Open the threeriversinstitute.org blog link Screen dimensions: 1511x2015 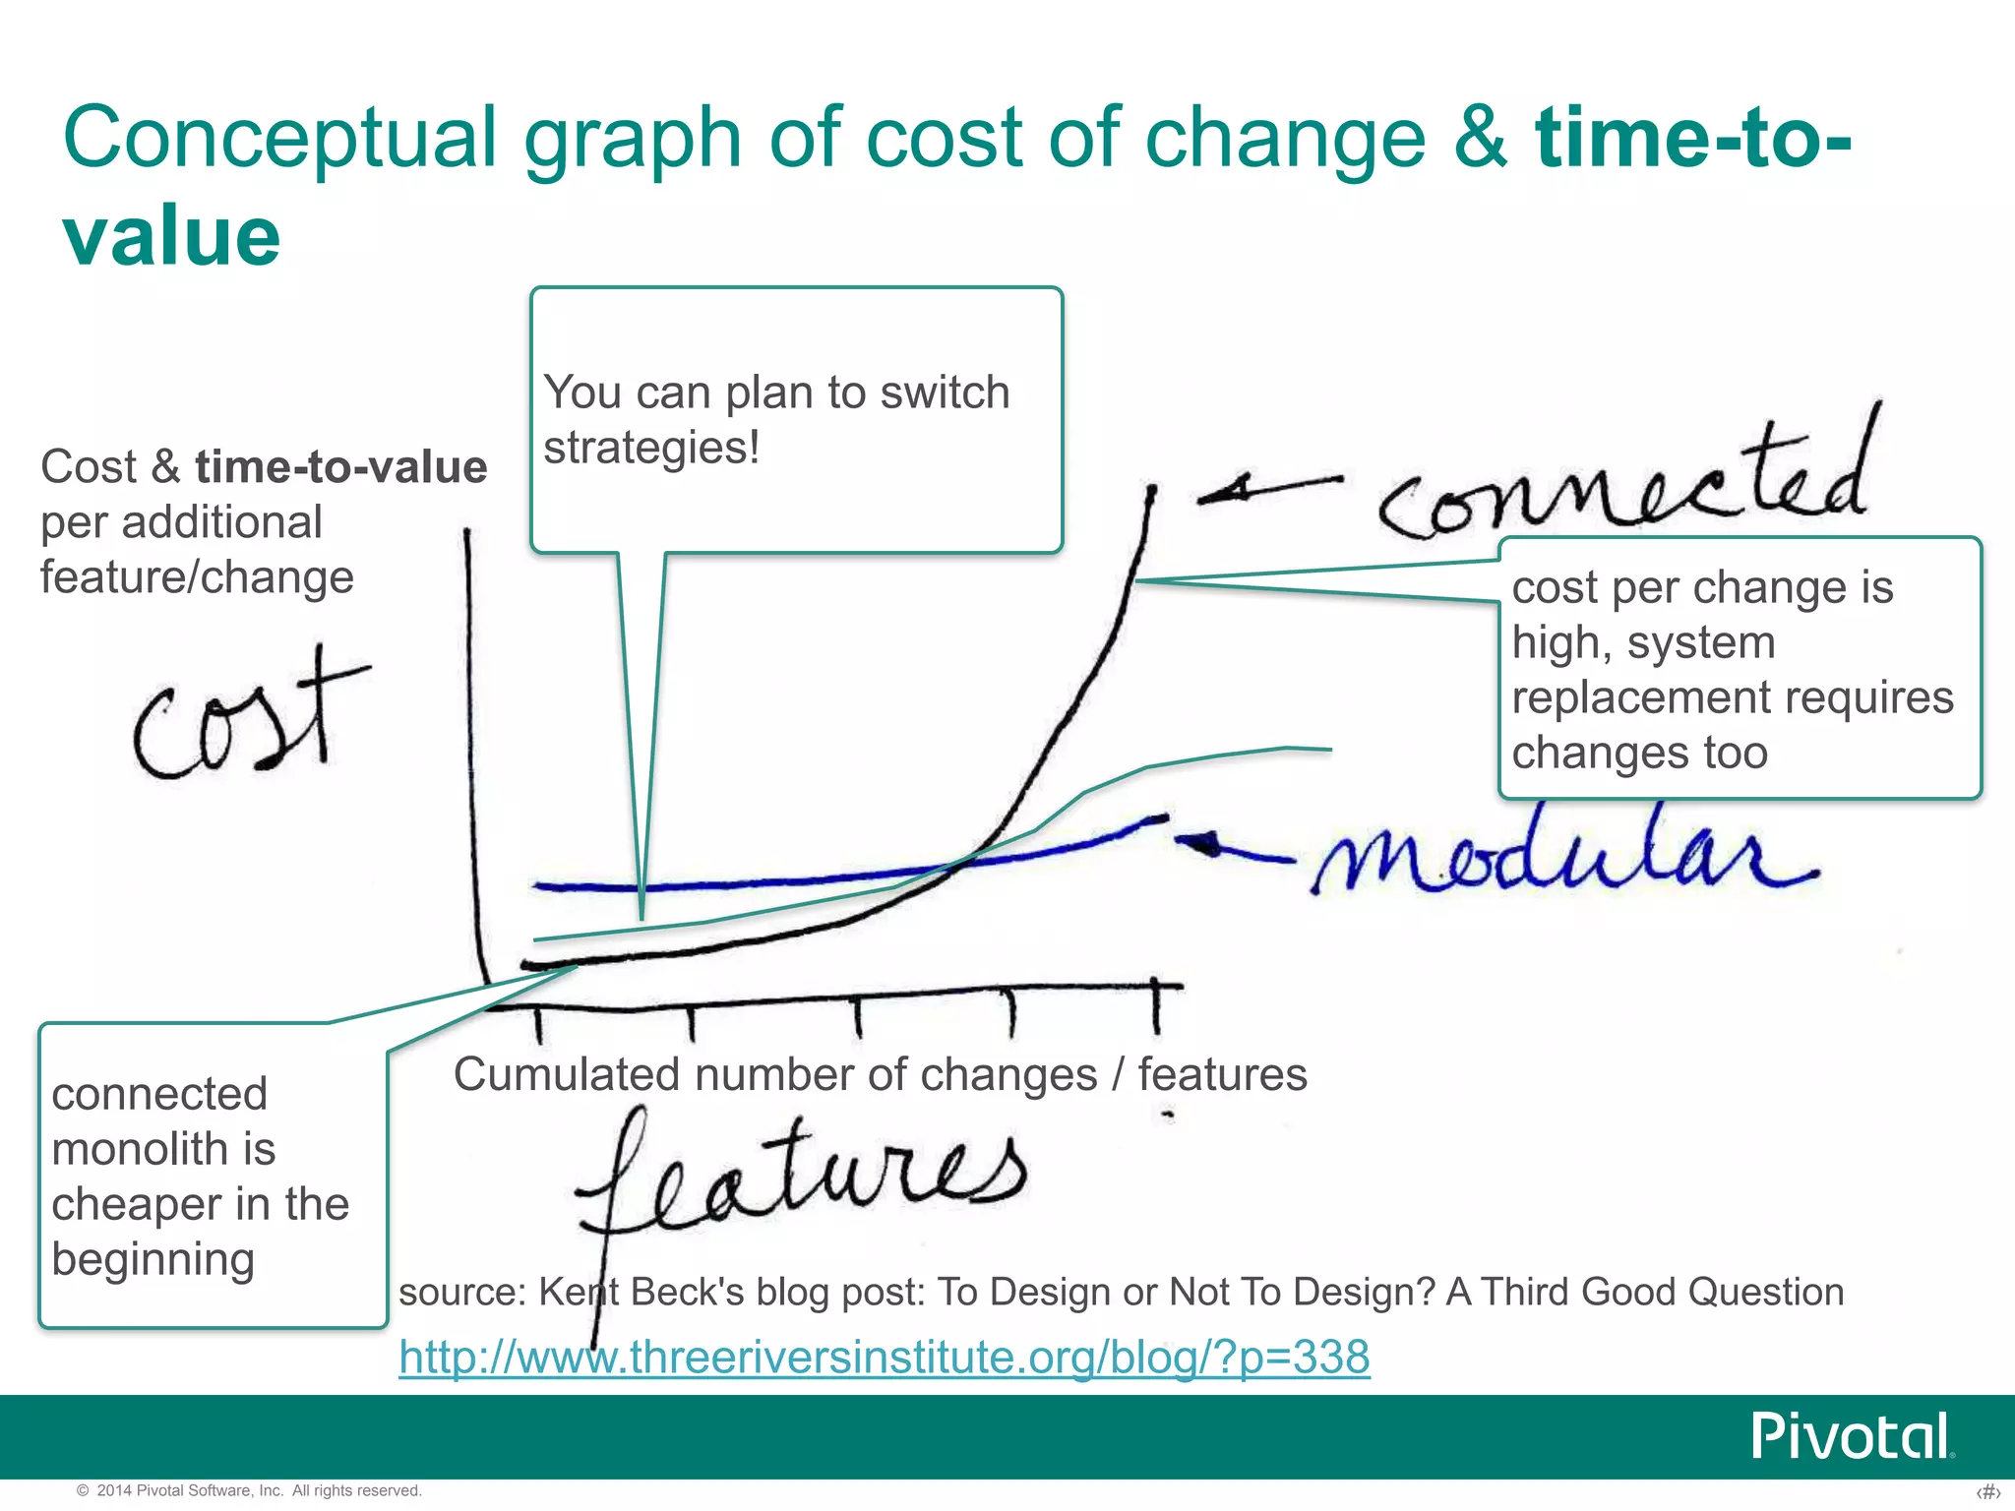click(884, 1357)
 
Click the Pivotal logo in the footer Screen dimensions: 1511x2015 click(1850, 1437)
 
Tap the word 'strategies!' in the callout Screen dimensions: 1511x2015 click(651, 448)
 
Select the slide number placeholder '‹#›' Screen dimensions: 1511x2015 click(1987, 1492)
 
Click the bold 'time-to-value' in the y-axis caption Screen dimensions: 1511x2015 click(340, 467)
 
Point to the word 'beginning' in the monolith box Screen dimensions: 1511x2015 click(153, 1259)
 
